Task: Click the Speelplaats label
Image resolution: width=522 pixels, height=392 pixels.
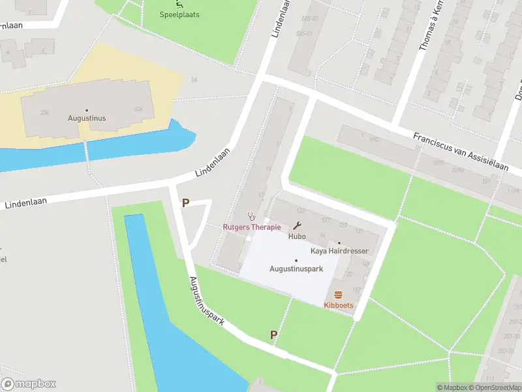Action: pyautogui.click(x=179, y=14)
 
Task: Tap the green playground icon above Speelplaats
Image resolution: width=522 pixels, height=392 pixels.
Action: pyautogui.click(x=179, y=3)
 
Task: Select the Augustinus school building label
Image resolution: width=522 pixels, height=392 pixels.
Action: pyautogui.click(x=87, y=118)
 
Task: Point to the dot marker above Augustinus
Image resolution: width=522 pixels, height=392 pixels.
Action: pyautogui.click(x=87, y=110)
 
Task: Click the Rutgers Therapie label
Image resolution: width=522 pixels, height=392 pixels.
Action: pyautogui.click(x=251, y=227)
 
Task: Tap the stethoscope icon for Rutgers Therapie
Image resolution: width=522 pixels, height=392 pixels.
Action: pyautogui.click(x=251, y=216)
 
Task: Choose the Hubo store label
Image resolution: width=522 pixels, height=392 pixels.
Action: pyautogui.click(x=297, y=237)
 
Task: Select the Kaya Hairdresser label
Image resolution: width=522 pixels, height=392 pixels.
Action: pyautogui.click(x=339, y=251)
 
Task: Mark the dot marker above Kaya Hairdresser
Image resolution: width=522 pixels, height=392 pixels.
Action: pyautogui.click(x=339, y=242)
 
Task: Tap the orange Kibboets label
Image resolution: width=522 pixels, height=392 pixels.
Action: pyautogui.click(x=338, y=305)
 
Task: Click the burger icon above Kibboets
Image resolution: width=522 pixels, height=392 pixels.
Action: pyautogui.click(x=338, y=295)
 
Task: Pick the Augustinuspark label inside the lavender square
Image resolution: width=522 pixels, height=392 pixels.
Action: pyautogui.click(x=296, y=269)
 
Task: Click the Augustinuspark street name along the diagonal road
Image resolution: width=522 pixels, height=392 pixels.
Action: pyautogui.click(x=207, y=301)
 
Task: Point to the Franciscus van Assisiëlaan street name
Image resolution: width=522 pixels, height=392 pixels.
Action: pyautogui.click(x=460, y=152)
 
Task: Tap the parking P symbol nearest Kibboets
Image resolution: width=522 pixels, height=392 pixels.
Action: pyautogui.click(x=274, y=335)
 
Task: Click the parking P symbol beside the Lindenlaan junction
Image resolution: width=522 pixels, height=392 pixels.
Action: pyautogui.click(x=185, y=203)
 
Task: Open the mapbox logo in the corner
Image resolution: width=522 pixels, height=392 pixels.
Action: pyautogui.click(x=29, y=384)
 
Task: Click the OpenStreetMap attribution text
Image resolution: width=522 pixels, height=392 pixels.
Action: pyautogui.click(x=496, y=387)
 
